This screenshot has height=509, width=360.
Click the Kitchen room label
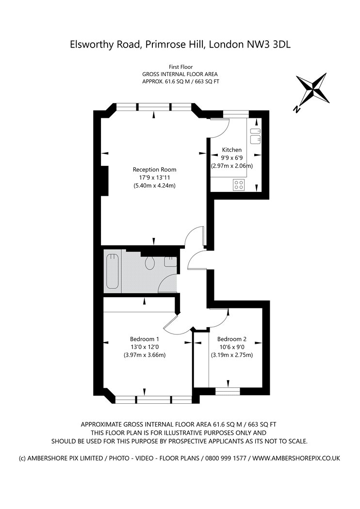point(231,150)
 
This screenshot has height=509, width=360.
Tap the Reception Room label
point(155,170)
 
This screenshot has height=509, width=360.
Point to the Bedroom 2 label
point(232,339)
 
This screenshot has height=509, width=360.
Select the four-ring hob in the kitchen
point(239,184)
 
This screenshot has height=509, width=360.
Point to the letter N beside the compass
point(296,110)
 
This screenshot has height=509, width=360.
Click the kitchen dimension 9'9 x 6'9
point(231,158)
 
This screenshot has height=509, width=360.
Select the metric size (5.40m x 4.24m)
point(155,186)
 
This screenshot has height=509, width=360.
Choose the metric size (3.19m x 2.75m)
point(232,355)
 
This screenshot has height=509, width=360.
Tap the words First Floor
point(180,67)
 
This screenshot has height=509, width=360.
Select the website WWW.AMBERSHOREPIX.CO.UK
point(296,459)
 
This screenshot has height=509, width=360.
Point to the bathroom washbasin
point(170,262)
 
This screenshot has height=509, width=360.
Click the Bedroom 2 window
point(228,391)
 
